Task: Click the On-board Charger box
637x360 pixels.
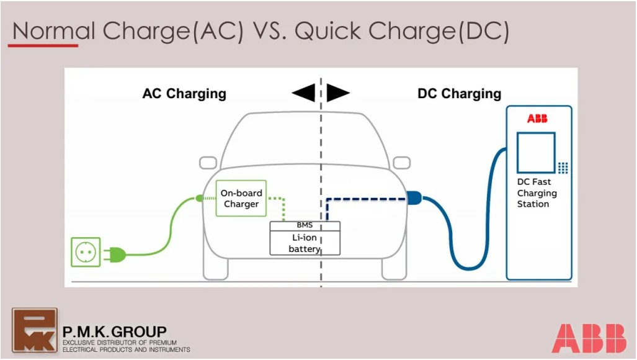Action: pyautogui.click(x=241, y=199)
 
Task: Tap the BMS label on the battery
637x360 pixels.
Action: pyautogui.click(x=305, y=225)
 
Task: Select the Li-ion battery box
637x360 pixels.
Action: pyautogui.click(x=305, y=243)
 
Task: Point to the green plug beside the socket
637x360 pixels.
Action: pyautogui.click(x=115, y=253)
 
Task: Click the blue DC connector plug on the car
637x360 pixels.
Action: pyautogui.click(x=414, y=199)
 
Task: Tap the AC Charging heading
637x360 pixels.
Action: pyautogui.click(x=184, y=94)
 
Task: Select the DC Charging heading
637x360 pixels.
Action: pyautogui.click(x=459, y=94)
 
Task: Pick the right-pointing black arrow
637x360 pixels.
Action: pyautogui.click(x=338, y=93)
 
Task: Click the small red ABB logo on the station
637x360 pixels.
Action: pyautogui.click(x=537, y=119)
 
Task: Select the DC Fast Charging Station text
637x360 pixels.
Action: pyautogui.click(x=537, y=193)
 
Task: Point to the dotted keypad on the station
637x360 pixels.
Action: pyautogui.click(x=563, y=168)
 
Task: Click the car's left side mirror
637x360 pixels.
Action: pyautogui.click(x=208, y=163)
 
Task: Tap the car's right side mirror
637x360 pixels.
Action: pyautogui.click(x=401, y=163)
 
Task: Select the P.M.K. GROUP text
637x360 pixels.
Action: pyautogui.click(x=114, y=332)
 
